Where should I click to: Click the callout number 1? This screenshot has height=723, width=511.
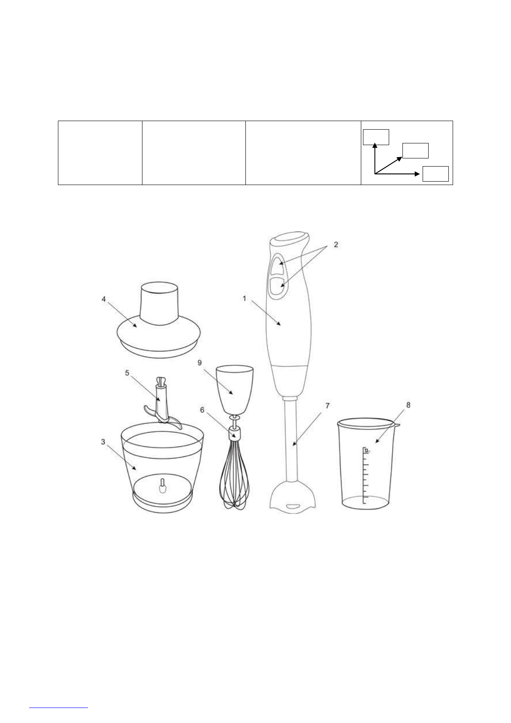coord(245,298)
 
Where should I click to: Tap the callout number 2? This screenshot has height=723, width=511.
coord(336,245)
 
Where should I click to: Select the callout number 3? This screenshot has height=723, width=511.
coord(103,442)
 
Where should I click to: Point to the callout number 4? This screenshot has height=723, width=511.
coord(104,299)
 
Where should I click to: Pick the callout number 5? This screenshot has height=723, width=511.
coord(127,373)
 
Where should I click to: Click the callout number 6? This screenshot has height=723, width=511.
coord(202,410)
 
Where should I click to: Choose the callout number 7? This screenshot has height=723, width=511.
coord(327,405)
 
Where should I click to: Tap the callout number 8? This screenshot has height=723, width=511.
coord(408,405)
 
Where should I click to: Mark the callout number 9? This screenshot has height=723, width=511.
coord(200,362)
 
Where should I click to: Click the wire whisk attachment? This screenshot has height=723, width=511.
coord(234,477)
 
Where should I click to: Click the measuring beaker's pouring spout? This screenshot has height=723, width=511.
coord(396,425)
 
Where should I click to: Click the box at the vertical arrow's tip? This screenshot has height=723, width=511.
coord(376,137)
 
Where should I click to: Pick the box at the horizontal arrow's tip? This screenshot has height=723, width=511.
coord(435,174)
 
